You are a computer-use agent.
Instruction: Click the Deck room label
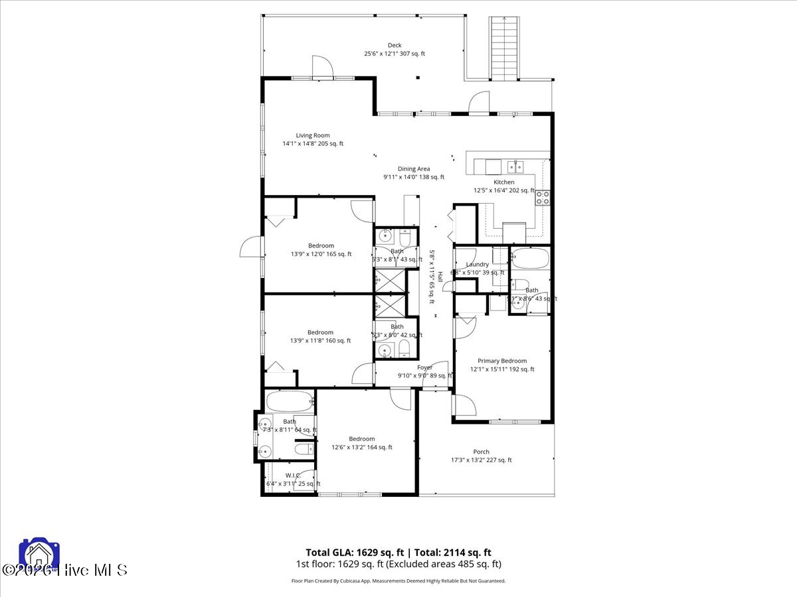[395, 46]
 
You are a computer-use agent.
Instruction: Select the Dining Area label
[414, 169]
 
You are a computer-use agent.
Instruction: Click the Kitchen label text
[503, 182]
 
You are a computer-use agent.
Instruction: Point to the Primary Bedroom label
[502, 362]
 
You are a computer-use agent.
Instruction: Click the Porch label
[481, 452]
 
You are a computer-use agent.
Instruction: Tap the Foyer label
[424, 367]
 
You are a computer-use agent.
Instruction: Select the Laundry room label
[477, 265]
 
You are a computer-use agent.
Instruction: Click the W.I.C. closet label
[293, 476]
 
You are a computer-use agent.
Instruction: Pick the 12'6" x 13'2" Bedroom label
[362, 439]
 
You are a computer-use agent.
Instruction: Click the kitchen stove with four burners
[543, 197]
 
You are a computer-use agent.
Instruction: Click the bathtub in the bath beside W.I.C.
[289, 401]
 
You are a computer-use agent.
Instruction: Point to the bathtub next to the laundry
[530, 257]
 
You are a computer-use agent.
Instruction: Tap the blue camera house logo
[39, 555]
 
